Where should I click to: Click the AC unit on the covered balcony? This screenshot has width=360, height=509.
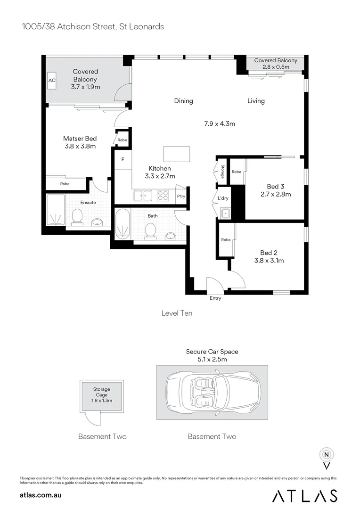(x=52, y=81)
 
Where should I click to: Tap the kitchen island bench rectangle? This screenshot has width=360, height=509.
(x=177, y=154)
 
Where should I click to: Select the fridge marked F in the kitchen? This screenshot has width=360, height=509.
(x=123, y=160)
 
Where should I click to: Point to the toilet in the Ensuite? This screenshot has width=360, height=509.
(x=77, y=217)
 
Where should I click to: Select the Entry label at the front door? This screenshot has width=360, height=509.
(x=215, y=298)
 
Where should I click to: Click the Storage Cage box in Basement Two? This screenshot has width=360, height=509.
(x=101, y=395)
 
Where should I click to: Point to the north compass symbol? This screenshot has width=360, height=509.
(x=326, y=456)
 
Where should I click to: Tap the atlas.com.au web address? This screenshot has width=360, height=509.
(x=41, y=495)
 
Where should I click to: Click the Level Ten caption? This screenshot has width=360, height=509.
(x=177, y=313)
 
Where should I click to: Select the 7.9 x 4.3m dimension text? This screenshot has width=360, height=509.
(x=220, y=124)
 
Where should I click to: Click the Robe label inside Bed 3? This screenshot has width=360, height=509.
(x=236, y=172)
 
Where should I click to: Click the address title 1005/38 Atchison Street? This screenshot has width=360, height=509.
(x=93, y=27)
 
